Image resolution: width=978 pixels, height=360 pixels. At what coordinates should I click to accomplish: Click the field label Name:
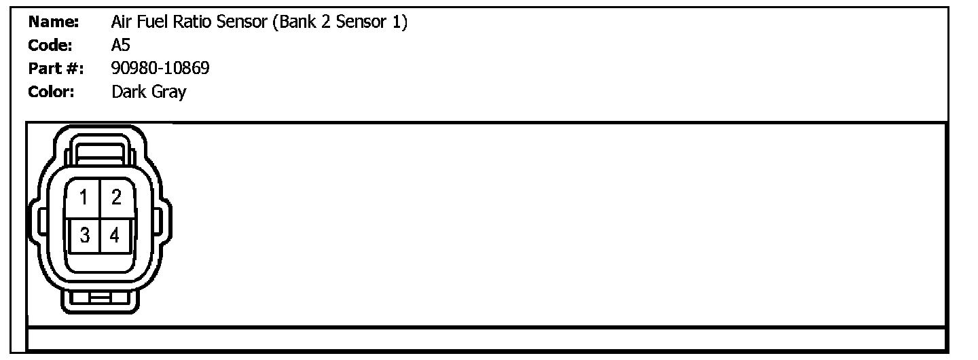(x=54, y=22)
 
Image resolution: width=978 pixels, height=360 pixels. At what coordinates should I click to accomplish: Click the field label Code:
(x=51, y=46)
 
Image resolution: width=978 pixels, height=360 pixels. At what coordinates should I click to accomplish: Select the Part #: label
(x=56, y=69)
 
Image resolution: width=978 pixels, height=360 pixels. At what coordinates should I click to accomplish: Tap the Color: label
(x=51, y=92)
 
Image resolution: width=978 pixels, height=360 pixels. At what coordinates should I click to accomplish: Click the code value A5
(x=120, y=46)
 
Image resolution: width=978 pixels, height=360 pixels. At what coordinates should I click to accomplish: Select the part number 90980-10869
(x=160, y=69)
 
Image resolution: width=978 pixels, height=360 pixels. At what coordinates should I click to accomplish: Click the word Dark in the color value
(x=128, y=92)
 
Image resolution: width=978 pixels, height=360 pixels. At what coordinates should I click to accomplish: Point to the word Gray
(x=168, y=92)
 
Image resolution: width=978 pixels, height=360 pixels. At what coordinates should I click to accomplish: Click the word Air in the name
(x=120, y=22)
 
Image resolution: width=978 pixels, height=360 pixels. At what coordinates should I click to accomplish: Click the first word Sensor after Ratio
(x=243, y=22)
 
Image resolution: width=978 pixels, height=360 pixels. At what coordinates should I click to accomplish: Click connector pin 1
(x=84, y=198)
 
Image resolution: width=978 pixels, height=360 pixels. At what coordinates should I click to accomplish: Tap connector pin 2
(x=116, y=198)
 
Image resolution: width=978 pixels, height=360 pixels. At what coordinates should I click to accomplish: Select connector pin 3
(x=84, y=236)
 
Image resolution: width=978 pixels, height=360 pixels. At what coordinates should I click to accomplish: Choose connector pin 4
(x=115, y=236)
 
